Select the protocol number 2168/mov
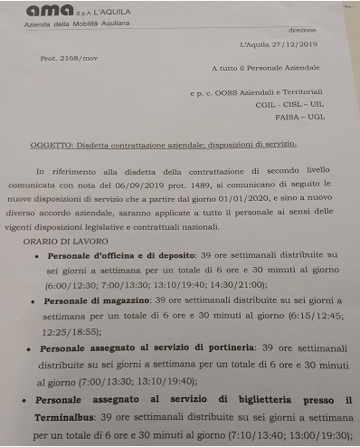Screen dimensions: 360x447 [x=81, y=57]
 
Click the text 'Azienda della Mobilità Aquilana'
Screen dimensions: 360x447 [x=72, y=25]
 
